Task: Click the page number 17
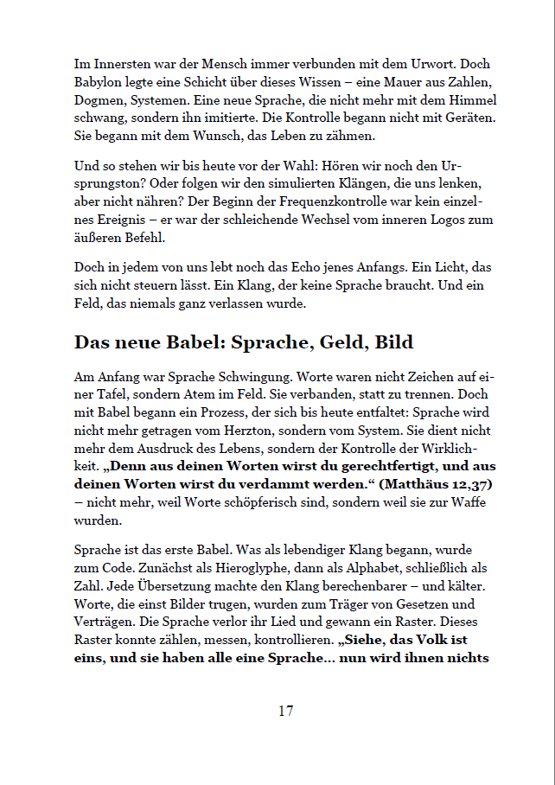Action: click(x=285, y=712)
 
